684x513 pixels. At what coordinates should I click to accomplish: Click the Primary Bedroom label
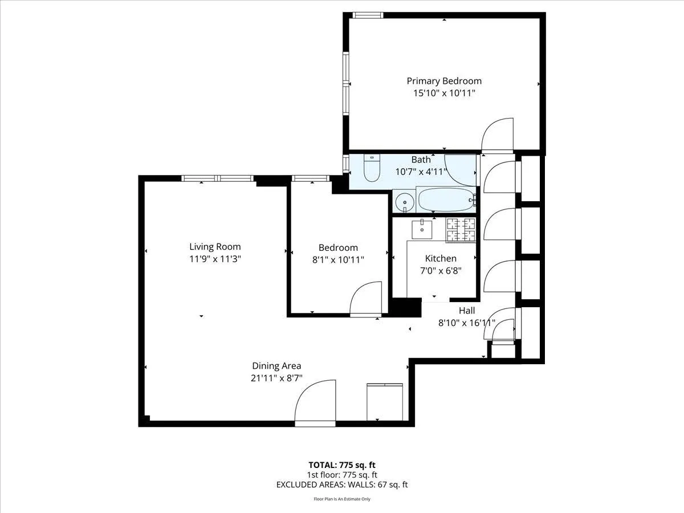click(x=443, y=81)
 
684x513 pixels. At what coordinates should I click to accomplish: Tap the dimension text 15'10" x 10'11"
click(x=443, y=93)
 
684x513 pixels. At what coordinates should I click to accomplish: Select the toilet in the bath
click(x=372, y=169)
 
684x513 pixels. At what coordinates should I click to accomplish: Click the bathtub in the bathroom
click(x=445, y=200)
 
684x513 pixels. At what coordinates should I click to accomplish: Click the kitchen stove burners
click(x=461, y=229)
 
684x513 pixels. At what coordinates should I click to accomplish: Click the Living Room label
click(x=215, y=247)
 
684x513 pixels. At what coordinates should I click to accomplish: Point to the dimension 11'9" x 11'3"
click(x=215, y=259)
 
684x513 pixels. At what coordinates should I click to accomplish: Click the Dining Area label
click(x=276, y=366)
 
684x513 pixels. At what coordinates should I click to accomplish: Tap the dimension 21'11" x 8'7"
click(x=276, y=378)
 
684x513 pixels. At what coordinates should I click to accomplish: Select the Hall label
click(x=467, y=311)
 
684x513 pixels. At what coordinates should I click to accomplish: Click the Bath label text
click(x=421, y=160)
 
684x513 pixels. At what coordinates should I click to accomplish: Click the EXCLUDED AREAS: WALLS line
click(x=341, y=485)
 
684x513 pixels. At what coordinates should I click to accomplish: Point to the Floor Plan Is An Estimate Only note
click(x=341, y=499)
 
